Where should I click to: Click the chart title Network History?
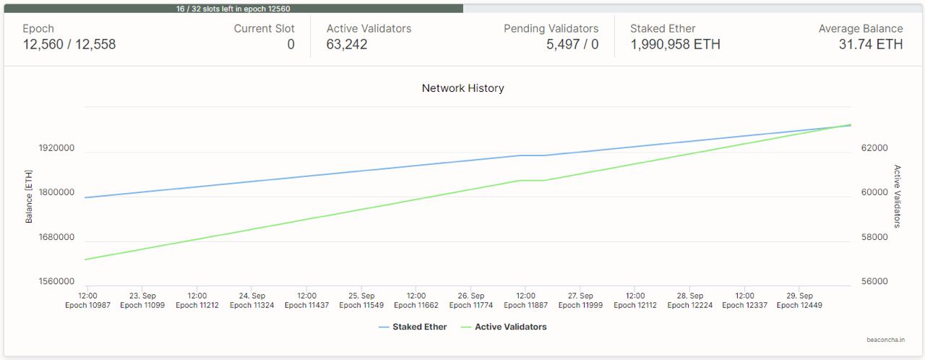click(x=462, y=88)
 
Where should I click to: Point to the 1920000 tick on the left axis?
click(x=56, y=148)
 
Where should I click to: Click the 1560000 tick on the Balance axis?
click(x=56, y=281)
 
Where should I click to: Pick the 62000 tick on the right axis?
click(x=874, y=148)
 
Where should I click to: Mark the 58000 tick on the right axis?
click(x=874, y=237)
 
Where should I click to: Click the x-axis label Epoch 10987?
click(x=87, y=305)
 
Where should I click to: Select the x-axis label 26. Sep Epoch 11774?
click(x=471, y=301)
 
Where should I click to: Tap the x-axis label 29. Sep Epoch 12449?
click(x=799, y=301)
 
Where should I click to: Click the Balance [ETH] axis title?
click(x=29, y=197)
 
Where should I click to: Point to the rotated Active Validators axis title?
click(x=898, y=196)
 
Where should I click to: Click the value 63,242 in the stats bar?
click(x=347, y=45)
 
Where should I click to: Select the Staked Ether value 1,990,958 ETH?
click(x=675, y=45)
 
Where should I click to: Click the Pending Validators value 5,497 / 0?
click(x=572, y=45)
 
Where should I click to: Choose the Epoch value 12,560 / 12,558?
click(x=69, y=45)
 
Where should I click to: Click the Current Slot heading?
click(x=264, y=29)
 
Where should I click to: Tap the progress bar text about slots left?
click(x=233, y=9)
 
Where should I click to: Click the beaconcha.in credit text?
click(x=885, y=340)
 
